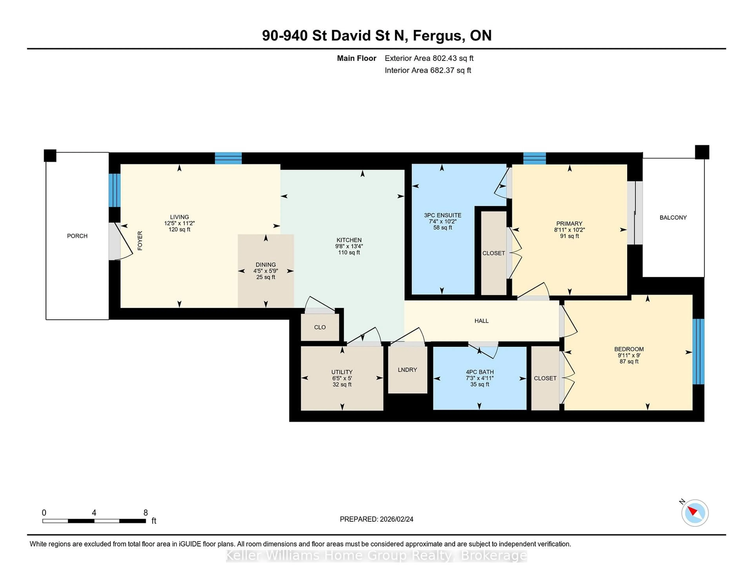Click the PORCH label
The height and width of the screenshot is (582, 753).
pos(77,236)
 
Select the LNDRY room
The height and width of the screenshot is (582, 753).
pos(407,370)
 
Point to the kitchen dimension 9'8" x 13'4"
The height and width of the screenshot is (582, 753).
pos(349,246)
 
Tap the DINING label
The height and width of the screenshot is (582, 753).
pos(266,265)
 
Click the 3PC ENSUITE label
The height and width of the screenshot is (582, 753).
pos(442,215)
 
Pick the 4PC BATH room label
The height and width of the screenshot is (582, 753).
pos(480,372)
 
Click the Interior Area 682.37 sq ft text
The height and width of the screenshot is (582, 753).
pos(427,70)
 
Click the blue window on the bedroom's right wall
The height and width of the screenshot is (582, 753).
pos(698,351)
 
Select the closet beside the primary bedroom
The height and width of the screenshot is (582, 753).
pos(493,253)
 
